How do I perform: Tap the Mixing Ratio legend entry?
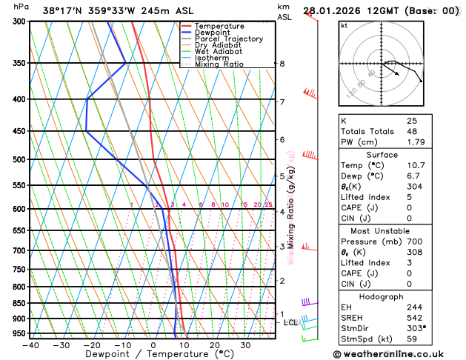[x=221, y=64]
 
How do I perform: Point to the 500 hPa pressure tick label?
[x=19, y=159]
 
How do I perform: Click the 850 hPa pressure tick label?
[x=19, y=303]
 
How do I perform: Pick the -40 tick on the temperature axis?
[x=30, y=345]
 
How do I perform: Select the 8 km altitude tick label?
[x=282, y=64]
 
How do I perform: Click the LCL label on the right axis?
[x=291, y=323]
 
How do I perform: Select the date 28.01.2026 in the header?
[x=333, y=11]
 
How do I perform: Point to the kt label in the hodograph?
[x=344, y=26]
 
